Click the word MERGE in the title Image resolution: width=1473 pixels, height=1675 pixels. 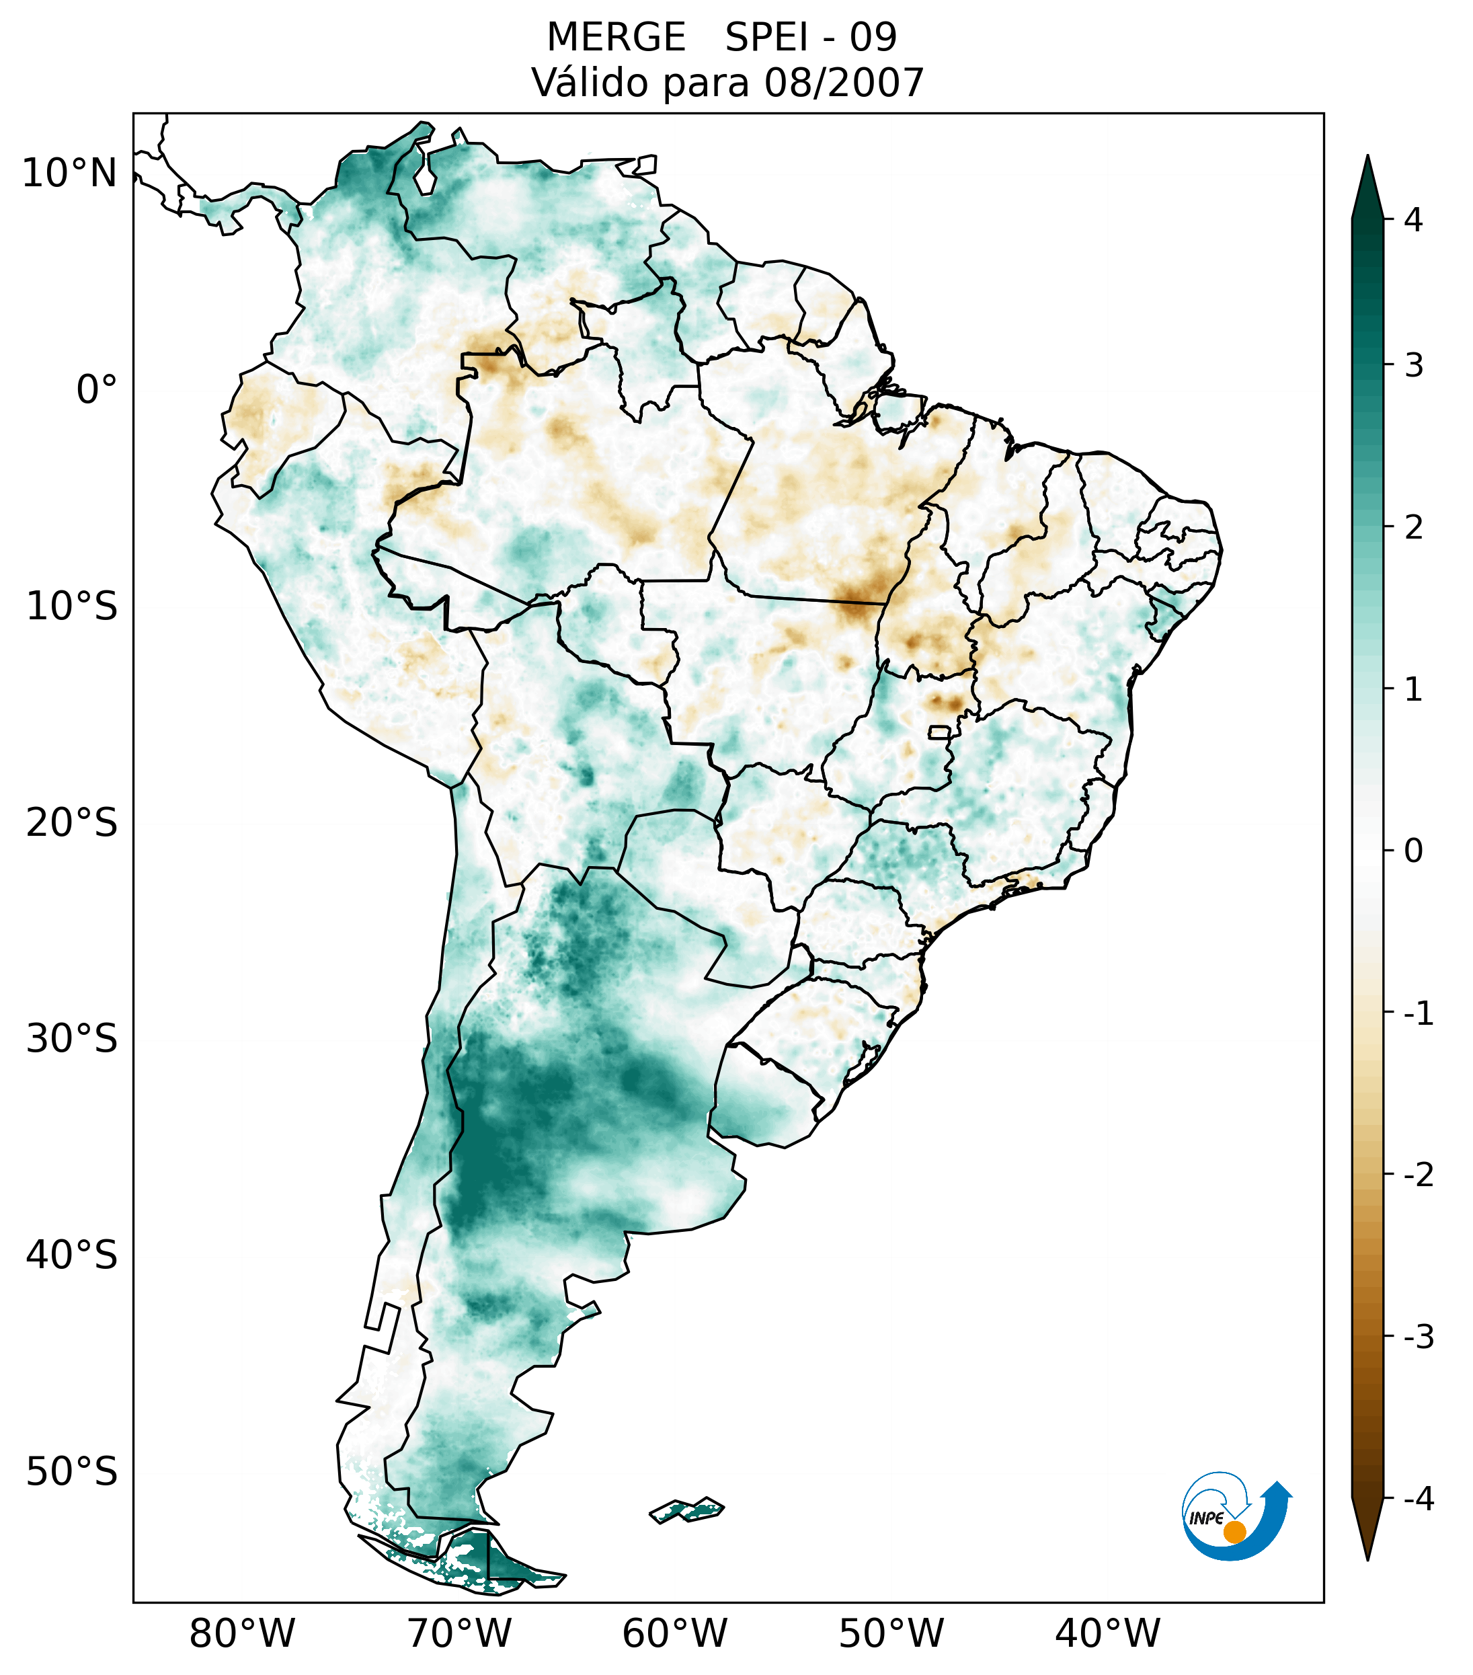616,38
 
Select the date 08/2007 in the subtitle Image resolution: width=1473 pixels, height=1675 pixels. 844,83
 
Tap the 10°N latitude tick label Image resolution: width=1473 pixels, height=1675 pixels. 70,173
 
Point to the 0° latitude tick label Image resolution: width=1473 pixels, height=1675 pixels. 97,390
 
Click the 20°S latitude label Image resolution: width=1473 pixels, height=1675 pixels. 72,823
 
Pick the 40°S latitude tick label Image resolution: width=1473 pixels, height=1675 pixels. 72,1255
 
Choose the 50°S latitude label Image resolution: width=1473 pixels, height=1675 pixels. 72,1472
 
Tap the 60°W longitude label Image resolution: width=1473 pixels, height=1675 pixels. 674,1634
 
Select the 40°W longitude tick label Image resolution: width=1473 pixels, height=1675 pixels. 1108,1634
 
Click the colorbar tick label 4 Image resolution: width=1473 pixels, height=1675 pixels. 1413,220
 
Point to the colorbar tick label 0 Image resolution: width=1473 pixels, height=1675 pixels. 1413,851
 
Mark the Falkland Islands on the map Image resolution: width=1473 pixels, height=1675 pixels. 686,1510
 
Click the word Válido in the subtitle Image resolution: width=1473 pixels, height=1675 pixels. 582,83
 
